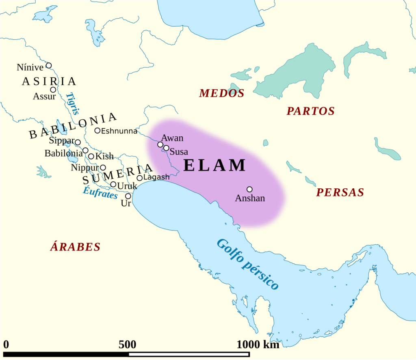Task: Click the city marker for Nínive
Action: click(x=49, y=65)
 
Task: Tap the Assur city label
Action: click(x=44, y=97)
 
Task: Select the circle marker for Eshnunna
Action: click(x=97, y=130)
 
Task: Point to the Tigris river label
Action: click(x=73, y=103)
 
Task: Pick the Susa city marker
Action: click(x=166, y=148)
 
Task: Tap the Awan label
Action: click(x=172, y=138)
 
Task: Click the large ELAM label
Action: click(x=214, y=166)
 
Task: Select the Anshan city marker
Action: click(x=249, y=189)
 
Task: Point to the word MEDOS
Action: click(x=221, y=94)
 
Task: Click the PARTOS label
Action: click(x=310, y=111)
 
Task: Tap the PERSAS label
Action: click(x=340, y=193)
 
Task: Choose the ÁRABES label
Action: click(x=75, y=247)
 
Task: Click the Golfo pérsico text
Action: click(x=247, y=264)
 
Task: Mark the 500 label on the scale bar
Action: click(x=127, y=345)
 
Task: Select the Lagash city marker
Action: click(x=140, y=178)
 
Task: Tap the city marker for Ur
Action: click(x=128, y=196)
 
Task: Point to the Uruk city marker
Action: click(x=113, y=184)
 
